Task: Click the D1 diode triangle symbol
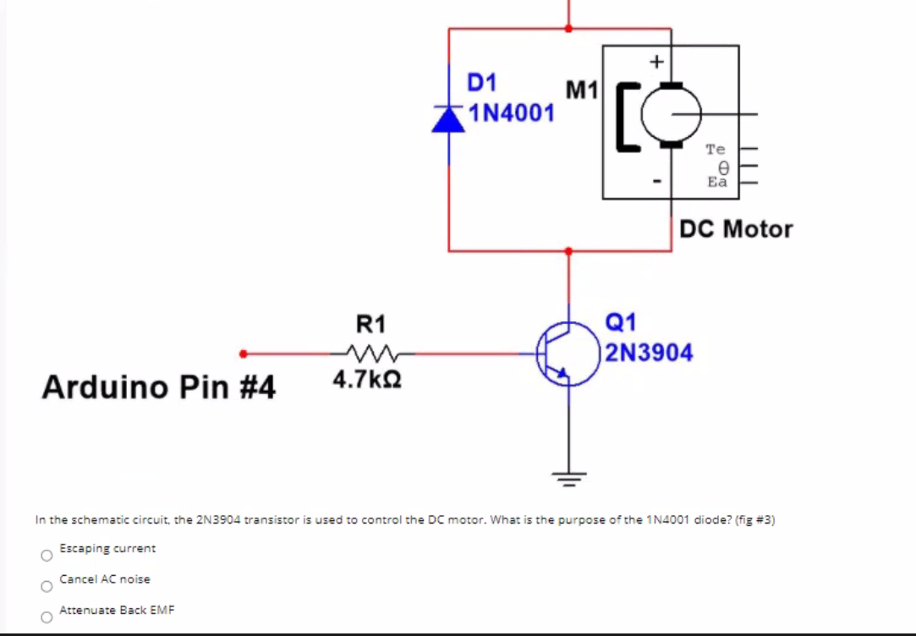pos(448,120)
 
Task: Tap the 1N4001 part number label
pos(512,112)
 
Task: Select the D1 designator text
pos(482,83)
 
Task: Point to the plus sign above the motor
pos(655,61)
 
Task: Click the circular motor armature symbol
pos(673,114)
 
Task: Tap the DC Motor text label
pos(737,229)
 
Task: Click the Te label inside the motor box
pos(716,150)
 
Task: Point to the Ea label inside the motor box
pos(716,181)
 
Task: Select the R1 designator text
pos(370,324)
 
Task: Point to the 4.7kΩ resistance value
pos(366,380)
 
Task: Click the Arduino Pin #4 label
pos(159,387)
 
